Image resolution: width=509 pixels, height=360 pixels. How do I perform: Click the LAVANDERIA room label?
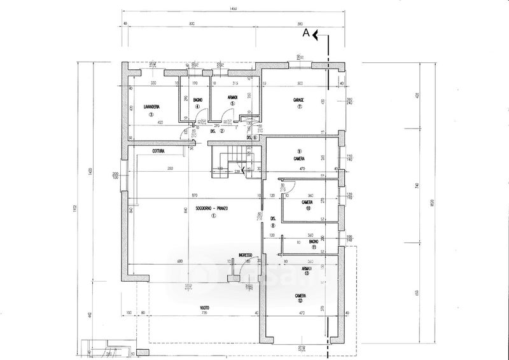coord(151,106)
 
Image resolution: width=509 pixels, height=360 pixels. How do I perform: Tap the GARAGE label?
coord(298,100)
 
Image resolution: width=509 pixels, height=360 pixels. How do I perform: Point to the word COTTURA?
coord(159,151)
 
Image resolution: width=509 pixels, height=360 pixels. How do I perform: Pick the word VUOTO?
coord(204,308)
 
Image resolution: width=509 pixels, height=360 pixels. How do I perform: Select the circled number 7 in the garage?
coord(298,107)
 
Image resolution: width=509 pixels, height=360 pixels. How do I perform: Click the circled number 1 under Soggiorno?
coord(214,215)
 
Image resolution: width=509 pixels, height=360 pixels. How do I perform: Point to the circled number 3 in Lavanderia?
coord(151,114)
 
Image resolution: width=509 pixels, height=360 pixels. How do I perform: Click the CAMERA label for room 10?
coord(308,203)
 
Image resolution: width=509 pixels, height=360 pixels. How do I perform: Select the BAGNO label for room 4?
coord(198,99)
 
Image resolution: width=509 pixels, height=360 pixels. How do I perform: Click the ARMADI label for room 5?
coord(233,97)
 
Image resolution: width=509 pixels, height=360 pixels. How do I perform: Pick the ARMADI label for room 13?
coord(308,269)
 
